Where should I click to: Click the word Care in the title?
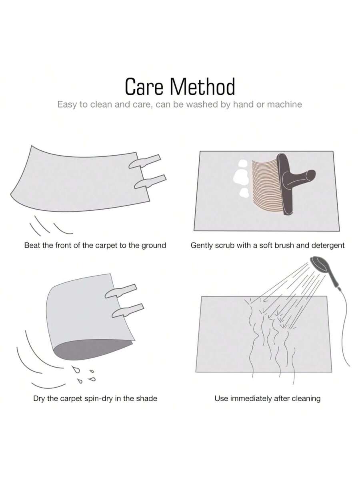point(144,86)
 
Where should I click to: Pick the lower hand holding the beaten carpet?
point(150,182)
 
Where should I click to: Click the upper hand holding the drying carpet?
point(121,291)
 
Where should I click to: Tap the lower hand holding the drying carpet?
point(128,310)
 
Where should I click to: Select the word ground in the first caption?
point(154,246)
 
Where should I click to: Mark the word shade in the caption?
point(147,398)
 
